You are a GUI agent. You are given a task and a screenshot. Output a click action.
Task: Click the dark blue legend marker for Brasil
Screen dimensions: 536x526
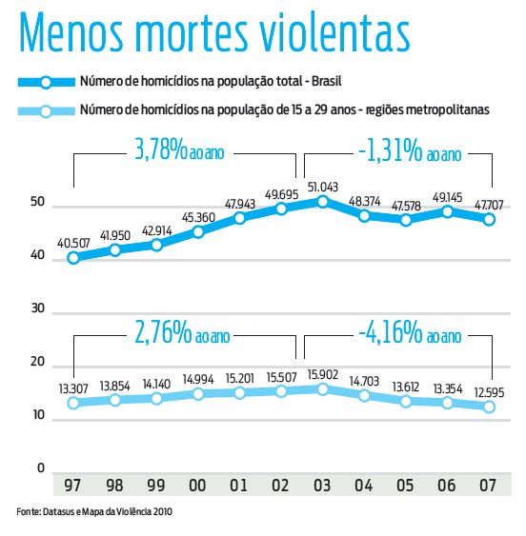45,84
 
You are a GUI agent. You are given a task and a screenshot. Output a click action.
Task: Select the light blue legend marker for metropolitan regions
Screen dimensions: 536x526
45,110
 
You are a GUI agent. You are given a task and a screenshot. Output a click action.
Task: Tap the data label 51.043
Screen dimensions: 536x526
324,185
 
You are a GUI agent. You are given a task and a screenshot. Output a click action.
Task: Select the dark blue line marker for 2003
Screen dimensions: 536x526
323,201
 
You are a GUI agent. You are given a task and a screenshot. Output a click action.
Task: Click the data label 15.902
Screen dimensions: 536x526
324,372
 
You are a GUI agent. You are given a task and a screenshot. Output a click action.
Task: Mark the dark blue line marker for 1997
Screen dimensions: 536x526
73,257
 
